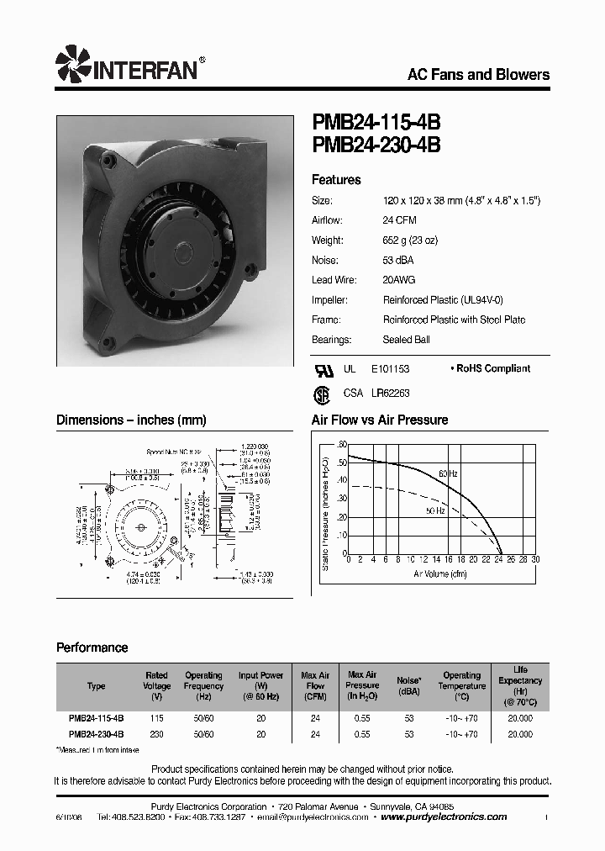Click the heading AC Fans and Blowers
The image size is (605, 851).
(x=478, y=75)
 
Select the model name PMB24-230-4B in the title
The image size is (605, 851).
(x=376, y=145)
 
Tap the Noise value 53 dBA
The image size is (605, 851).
(x=399, y=260)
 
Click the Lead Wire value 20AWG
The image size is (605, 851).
(x=399, y=280)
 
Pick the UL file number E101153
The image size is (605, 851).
(x=391, y=368)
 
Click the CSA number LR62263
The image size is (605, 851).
(x=390, y=393)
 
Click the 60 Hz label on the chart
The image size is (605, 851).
(x=448, y=474)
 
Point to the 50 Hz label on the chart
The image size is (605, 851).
(x=435, y=510)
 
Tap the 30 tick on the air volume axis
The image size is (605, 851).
(x=535, y=559)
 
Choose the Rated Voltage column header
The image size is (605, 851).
(x=156, y=686)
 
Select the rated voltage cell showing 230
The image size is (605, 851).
(x=156, y=734)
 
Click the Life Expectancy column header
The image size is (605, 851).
(x=520, y=685)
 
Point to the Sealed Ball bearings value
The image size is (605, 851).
(x=407, y=340)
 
